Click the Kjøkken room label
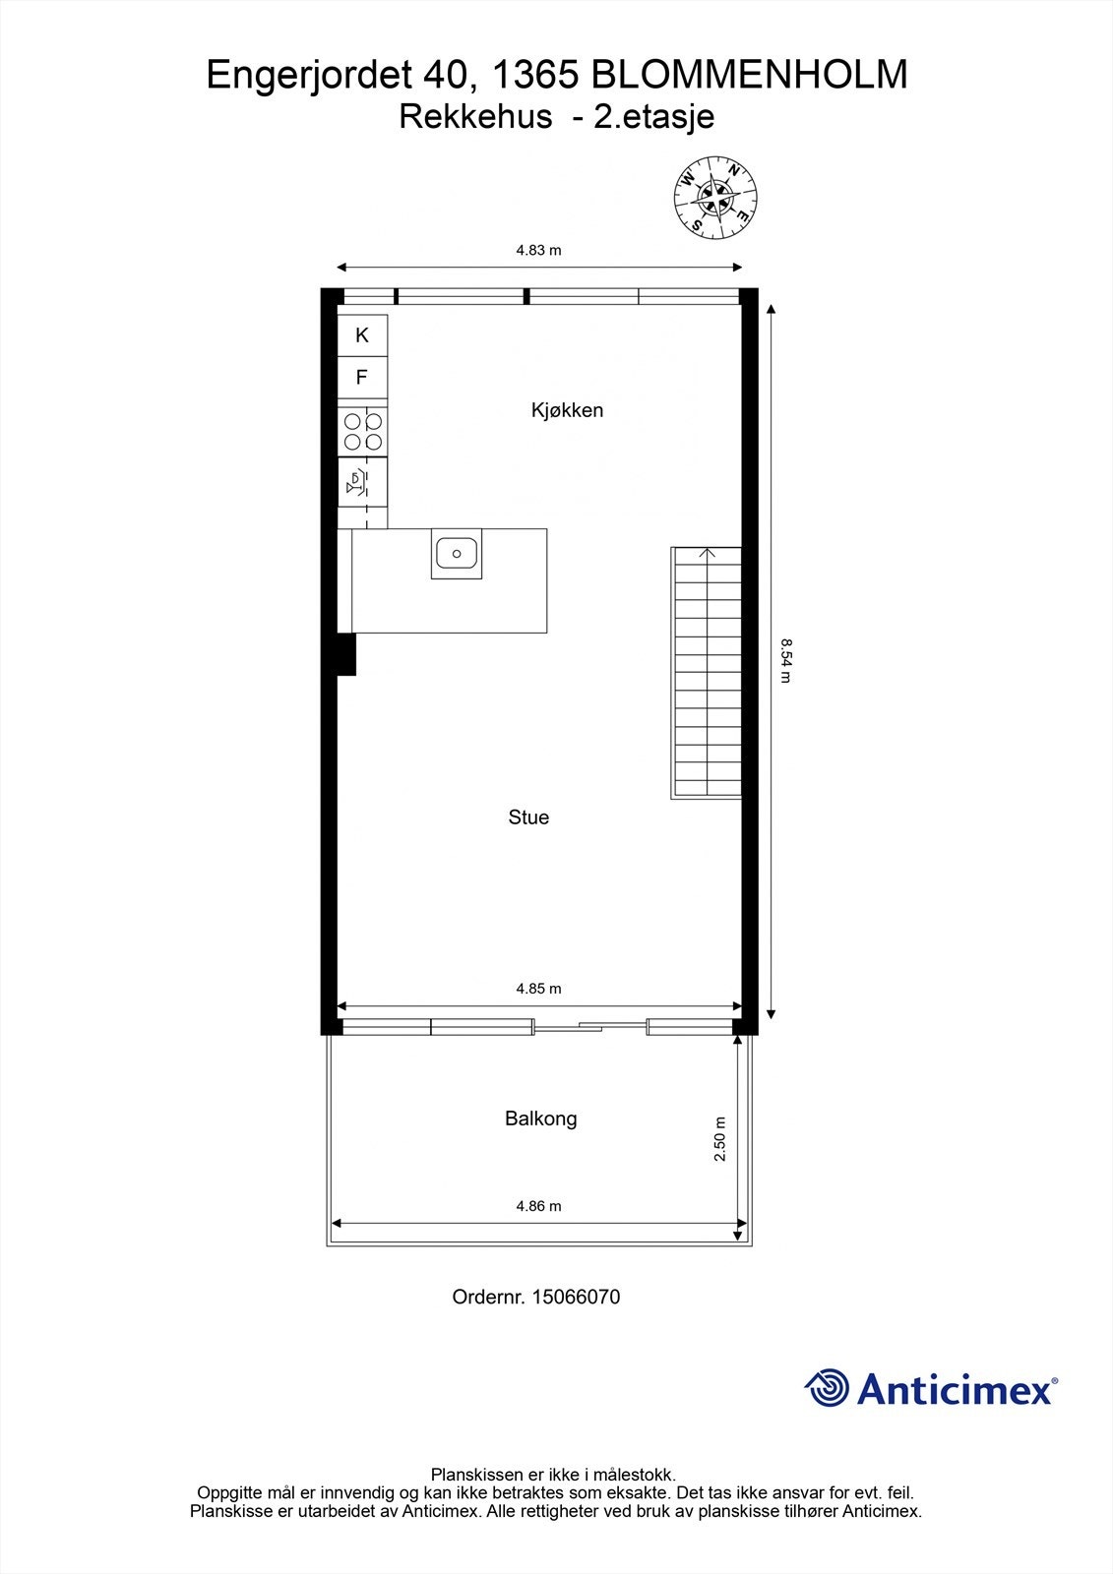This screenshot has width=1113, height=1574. click(567, 410)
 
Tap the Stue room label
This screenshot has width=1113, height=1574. click(528, 817)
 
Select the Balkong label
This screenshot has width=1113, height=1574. click(540, 1119)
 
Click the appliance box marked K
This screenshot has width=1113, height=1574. click(362, 335)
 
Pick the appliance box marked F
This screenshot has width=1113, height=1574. click(362, 377)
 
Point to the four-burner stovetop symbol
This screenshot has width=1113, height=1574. click(363, 432)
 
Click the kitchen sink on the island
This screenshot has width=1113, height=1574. click(457, 554)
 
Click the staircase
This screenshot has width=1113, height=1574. click(707, 673)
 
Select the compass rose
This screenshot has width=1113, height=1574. click(715, 197)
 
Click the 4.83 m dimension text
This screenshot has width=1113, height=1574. click(538, 250)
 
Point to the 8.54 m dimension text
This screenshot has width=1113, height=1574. click(785, 660)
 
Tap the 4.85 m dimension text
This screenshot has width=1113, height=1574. click(538, 989)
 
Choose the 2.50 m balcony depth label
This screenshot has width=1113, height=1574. click(719, 1139)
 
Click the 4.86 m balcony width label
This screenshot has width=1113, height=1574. click(538, 1206)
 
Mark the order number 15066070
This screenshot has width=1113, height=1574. click(576, 1297)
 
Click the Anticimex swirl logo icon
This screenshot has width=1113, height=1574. click(827, 1388)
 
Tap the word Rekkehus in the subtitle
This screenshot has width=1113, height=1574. click(475, 117)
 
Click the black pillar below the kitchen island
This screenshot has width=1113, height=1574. click(345, 654)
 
